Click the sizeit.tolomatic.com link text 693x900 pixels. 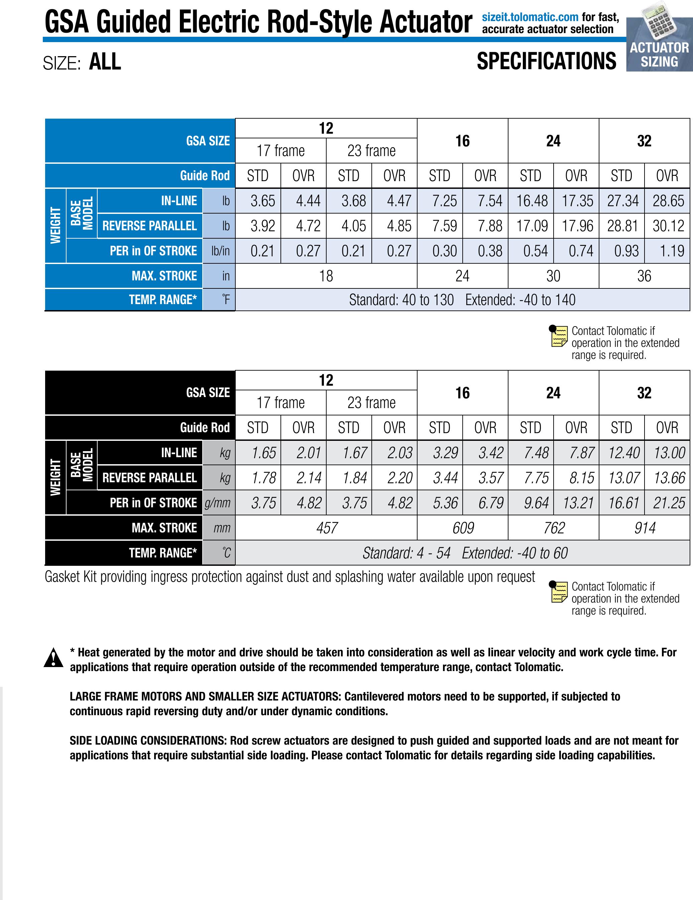(x=530, y=17)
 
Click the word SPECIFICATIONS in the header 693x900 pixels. (x=546, y=61)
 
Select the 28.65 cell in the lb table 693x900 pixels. (x=668, y=201)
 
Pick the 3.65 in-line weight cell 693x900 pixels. (x=263, y=201)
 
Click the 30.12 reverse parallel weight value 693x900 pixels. (x=668, y=226)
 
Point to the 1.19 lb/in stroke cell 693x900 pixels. (x=672, y=251)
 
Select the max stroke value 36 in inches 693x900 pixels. (x=644, y=276)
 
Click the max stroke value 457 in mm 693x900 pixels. (x=327, y=528)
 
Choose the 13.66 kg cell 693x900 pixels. (x=669, y=478)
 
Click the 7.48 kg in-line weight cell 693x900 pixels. (x=536, y=453)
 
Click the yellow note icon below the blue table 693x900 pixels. (x=558, y=336)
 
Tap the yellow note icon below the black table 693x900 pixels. (x=558, y=592)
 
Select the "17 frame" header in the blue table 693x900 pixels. (x=280, y=151)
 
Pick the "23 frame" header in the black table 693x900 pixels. (x=371, y=403)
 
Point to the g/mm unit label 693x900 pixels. (x=218, y=503)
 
